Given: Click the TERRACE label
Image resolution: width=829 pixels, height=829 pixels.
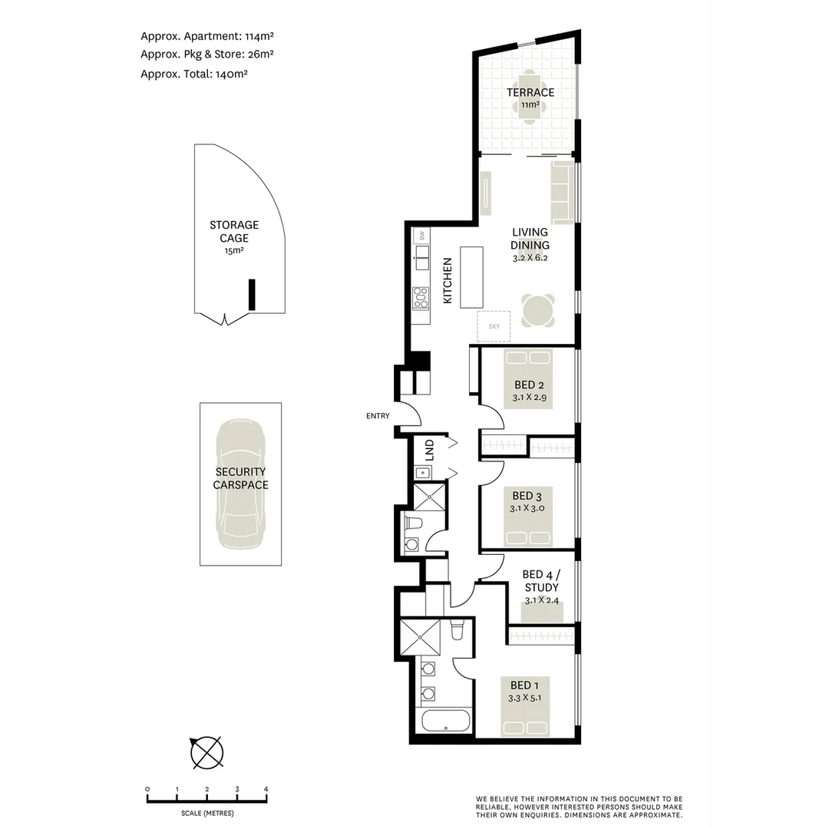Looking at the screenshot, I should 530,92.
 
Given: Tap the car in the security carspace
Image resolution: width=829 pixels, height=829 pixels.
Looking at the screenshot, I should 240,484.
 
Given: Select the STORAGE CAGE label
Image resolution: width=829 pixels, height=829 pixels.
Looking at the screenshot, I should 234,231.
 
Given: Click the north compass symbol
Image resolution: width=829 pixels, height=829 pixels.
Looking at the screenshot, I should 206,752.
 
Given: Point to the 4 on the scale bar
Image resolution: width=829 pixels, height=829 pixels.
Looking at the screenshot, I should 266,789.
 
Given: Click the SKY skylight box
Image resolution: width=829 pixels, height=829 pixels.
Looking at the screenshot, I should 494,326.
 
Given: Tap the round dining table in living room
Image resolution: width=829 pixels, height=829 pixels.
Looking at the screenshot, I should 537,310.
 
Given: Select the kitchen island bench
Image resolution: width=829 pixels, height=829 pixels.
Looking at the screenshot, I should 472,277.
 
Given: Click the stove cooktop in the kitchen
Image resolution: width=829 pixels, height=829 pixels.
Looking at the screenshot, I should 420,297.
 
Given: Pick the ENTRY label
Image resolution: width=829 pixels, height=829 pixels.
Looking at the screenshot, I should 378,416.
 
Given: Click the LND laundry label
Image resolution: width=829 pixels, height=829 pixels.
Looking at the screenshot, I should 429,446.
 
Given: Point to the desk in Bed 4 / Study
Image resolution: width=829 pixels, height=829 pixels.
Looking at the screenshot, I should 543,613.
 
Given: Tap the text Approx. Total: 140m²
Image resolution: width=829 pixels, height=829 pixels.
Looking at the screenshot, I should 194,74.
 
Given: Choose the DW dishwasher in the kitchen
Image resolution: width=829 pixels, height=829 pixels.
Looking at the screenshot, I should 421,236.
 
